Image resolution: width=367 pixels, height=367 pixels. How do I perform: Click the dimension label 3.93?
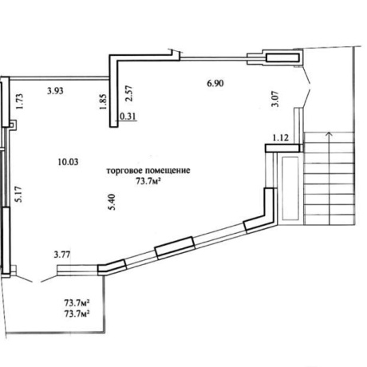pos(55,91)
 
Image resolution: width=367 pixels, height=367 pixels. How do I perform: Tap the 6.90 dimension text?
pos(215,84)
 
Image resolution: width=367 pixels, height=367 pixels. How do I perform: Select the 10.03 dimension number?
pos(68,162)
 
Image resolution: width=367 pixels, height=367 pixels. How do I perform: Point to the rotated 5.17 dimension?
pos(19,195)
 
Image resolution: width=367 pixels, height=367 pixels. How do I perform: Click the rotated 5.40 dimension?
pos(112,202)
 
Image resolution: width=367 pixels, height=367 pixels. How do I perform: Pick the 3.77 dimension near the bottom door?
pos(62,255)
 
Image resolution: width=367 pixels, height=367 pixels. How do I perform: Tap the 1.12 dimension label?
pos(280,138)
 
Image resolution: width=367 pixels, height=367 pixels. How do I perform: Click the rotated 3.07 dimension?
pos(275,99)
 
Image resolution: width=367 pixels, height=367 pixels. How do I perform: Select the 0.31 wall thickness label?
pos(128,116)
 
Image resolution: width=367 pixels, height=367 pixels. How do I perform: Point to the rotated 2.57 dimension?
pos(129,93)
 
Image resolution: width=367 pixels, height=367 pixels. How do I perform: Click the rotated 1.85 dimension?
pos(103,101)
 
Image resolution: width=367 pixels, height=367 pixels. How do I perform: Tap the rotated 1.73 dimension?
pos(20,101)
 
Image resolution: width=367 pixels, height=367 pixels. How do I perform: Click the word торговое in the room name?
pos(122,171)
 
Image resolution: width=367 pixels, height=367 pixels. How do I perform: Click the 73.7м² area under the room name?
pos(149,181)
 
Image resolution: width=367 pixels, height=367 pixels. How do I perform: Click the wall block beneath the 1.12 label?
pos(284,148)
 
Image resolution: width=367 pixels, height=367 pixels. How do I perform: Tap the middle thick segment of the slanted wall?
pos(175,247)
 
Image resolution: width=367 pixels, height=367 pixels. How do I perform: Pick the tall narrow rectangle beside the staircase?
pos(290,188)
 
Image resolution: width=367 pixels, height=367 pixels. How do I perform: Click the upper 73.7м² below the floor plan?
pos(77,303)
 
